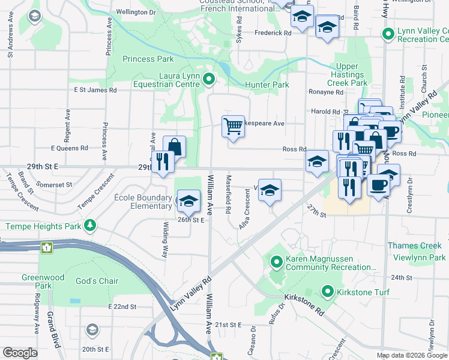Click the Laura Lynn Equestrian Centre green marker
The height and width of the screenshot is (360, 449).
(x=209, y=79)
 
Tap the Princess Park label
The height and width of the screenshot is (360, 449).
(x=148, y=59)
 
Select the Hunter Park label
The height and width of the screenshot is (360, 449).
(x=267, y=85)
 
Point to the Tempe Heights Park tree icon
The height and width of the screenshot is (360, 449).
(x=90, y=226)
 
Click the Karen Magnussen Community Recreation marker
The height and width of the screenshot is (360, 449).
(x=277, y=262)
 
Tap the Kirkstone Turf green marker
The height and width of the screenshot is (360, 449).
(x=327, y=292)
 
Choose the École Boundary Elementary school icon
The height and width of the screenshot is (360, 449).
(x=188, y=201)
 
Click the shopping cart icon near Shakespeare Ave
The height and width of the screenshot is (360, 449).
(x=233, y=126)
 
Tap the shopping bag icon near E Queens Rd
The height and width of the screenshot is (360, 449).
(x=174, y=146)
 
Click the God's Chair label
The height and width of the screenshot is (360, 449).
(x=97, y=281)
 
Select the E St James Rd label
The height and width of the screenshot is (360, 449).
(x=95, y=90)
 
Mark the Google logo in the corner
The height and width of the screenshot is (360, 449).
(x=20, y=353)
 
